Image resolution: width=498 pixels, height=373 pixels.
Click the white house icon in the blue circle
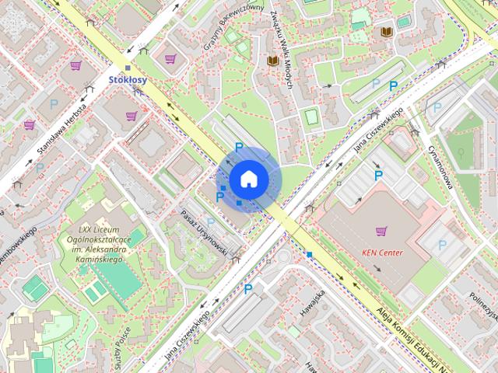[248, 180]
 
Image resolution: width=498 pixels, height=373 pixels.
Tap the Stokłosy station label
[128, 80]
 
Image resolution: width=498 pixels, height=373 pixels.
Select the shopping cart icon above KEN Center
[381, 231]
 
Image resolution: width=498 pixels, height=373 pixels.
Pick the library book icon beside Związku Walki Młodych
[272, 60]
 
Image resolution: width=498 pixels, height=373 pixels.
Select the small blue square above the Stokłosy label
[128, 68]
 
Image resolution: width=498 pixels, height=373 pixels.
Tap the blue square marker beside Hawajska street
[310, 254]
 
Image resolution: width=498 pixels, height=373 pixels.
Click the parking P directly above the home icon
[239, 148]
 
